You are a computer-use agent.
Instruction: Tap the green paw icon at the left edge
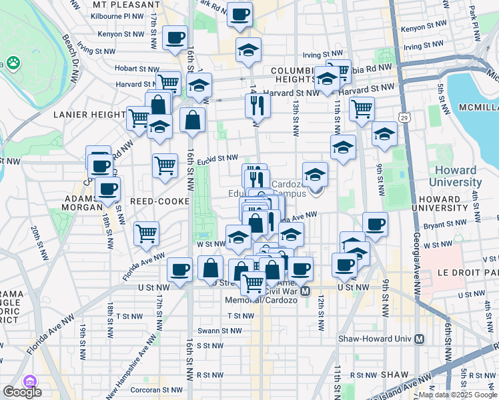[13, 63]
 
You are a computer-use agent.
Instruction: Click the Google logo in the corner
[22, 392]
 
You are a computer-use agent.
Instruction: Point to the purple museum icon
[29, 381]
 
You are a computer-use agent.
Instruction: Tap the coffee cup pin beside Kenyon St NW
[175, 38]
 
